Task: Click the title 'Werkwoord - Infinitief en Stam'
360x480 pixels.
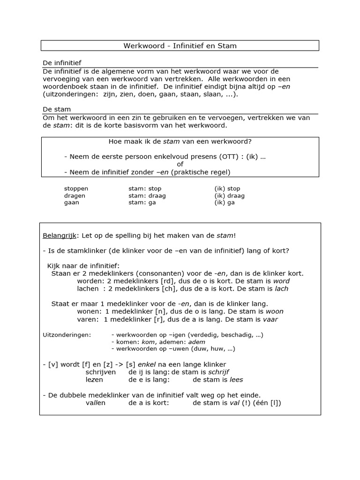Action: [180, 45]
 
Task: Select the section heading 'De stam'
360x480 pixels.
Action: [57, 109]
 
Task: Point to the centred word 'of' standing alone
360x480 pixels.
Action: [180, 164]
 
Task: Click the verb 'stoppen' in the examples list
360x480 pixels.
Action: [76, 188]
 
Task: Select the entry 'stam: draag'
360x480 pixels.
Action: [147, 195]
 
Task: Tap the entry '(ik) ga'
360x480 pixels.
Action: [225, 202]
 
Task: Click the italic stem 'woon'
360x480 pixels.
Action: [274, 311]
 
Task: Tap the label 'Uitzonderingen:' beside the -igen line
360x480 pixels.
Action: [67, 335]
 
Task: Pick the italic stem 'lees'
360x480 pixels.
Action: [235, 380]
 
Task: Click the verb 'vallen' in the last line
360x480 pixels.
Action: [96, 403]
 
